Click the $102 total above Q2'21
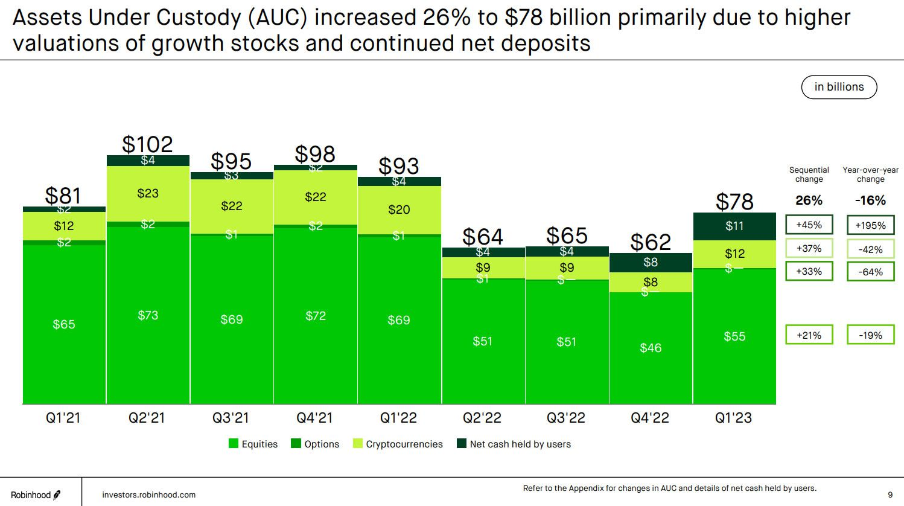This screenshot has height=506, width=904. (147, 144)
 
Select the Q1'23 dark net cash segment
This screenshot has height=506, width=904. (734, 226)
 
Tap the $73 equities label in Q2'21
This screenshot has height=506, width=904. (148, 315)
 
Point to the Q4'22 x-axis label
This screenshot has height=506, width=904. (650, 418)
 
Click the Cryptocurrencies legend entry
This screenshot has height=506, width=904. (398, 444)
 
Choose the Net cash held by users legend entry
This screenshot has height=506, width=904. (514, 444)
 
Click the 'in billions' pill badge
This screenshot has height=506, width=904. (839, 87)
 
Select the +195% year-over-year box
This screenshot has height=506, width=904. (870, 225)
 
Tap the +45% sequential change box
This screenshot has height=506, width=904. (809, 225)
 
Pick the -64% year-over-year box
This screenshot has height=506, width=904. (870, 272)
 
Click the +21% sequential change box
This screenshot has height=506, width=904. (809, 335)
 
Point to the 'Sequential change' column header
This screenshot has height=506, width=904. (809, 175)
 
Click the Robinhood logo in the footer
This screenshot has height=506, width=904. (36, 495)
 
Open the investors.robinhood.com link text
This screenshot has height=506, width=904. (149, 495)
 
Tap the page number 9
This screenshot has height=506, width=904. (890, 495)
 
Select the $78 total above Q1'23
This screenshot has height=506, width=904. (734, 201)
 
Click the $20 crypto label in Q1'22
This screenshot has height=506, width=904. (399, 210)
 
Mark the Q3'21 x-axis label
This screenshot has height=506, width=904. (231, 418)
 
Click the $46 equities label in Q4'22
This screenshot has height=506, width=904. (651, 348)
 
